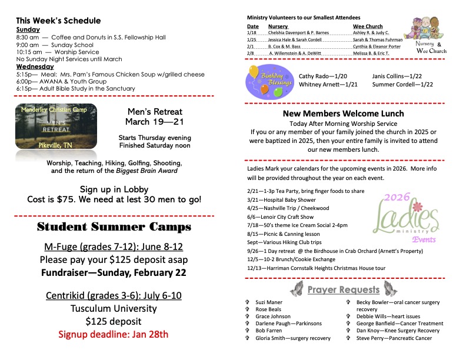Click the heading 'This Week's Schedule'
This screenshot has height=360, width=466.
click(x=58, y=21)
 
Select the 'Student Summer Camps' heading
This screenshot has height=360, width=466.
click(x=114, y=226)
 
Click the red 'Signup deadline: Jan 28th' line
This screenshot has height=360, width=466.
click(x=113, y=335)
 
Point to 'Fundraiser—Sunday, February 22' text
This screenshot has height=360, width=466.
click(x=114, y=272)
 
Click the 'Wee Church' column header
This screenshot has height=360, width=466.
click(x=368, y=26)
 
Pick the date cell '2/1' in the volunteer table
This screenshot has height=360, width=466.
click(x=250, y=46)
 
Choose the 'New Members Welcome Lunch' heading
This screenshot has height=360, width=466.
click(x=343, y=114)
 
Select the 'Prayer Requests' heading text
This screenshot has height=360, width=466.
click(x=343, y=289)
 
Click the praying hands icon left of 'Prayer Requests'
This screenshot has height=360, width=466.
click(x=298, y=289)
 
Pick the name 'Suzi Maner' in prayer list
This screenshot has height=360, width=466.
click(x=269, y=302)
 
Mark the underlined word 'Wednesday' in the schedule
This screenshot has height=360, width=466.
click(x=35, y=66)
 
